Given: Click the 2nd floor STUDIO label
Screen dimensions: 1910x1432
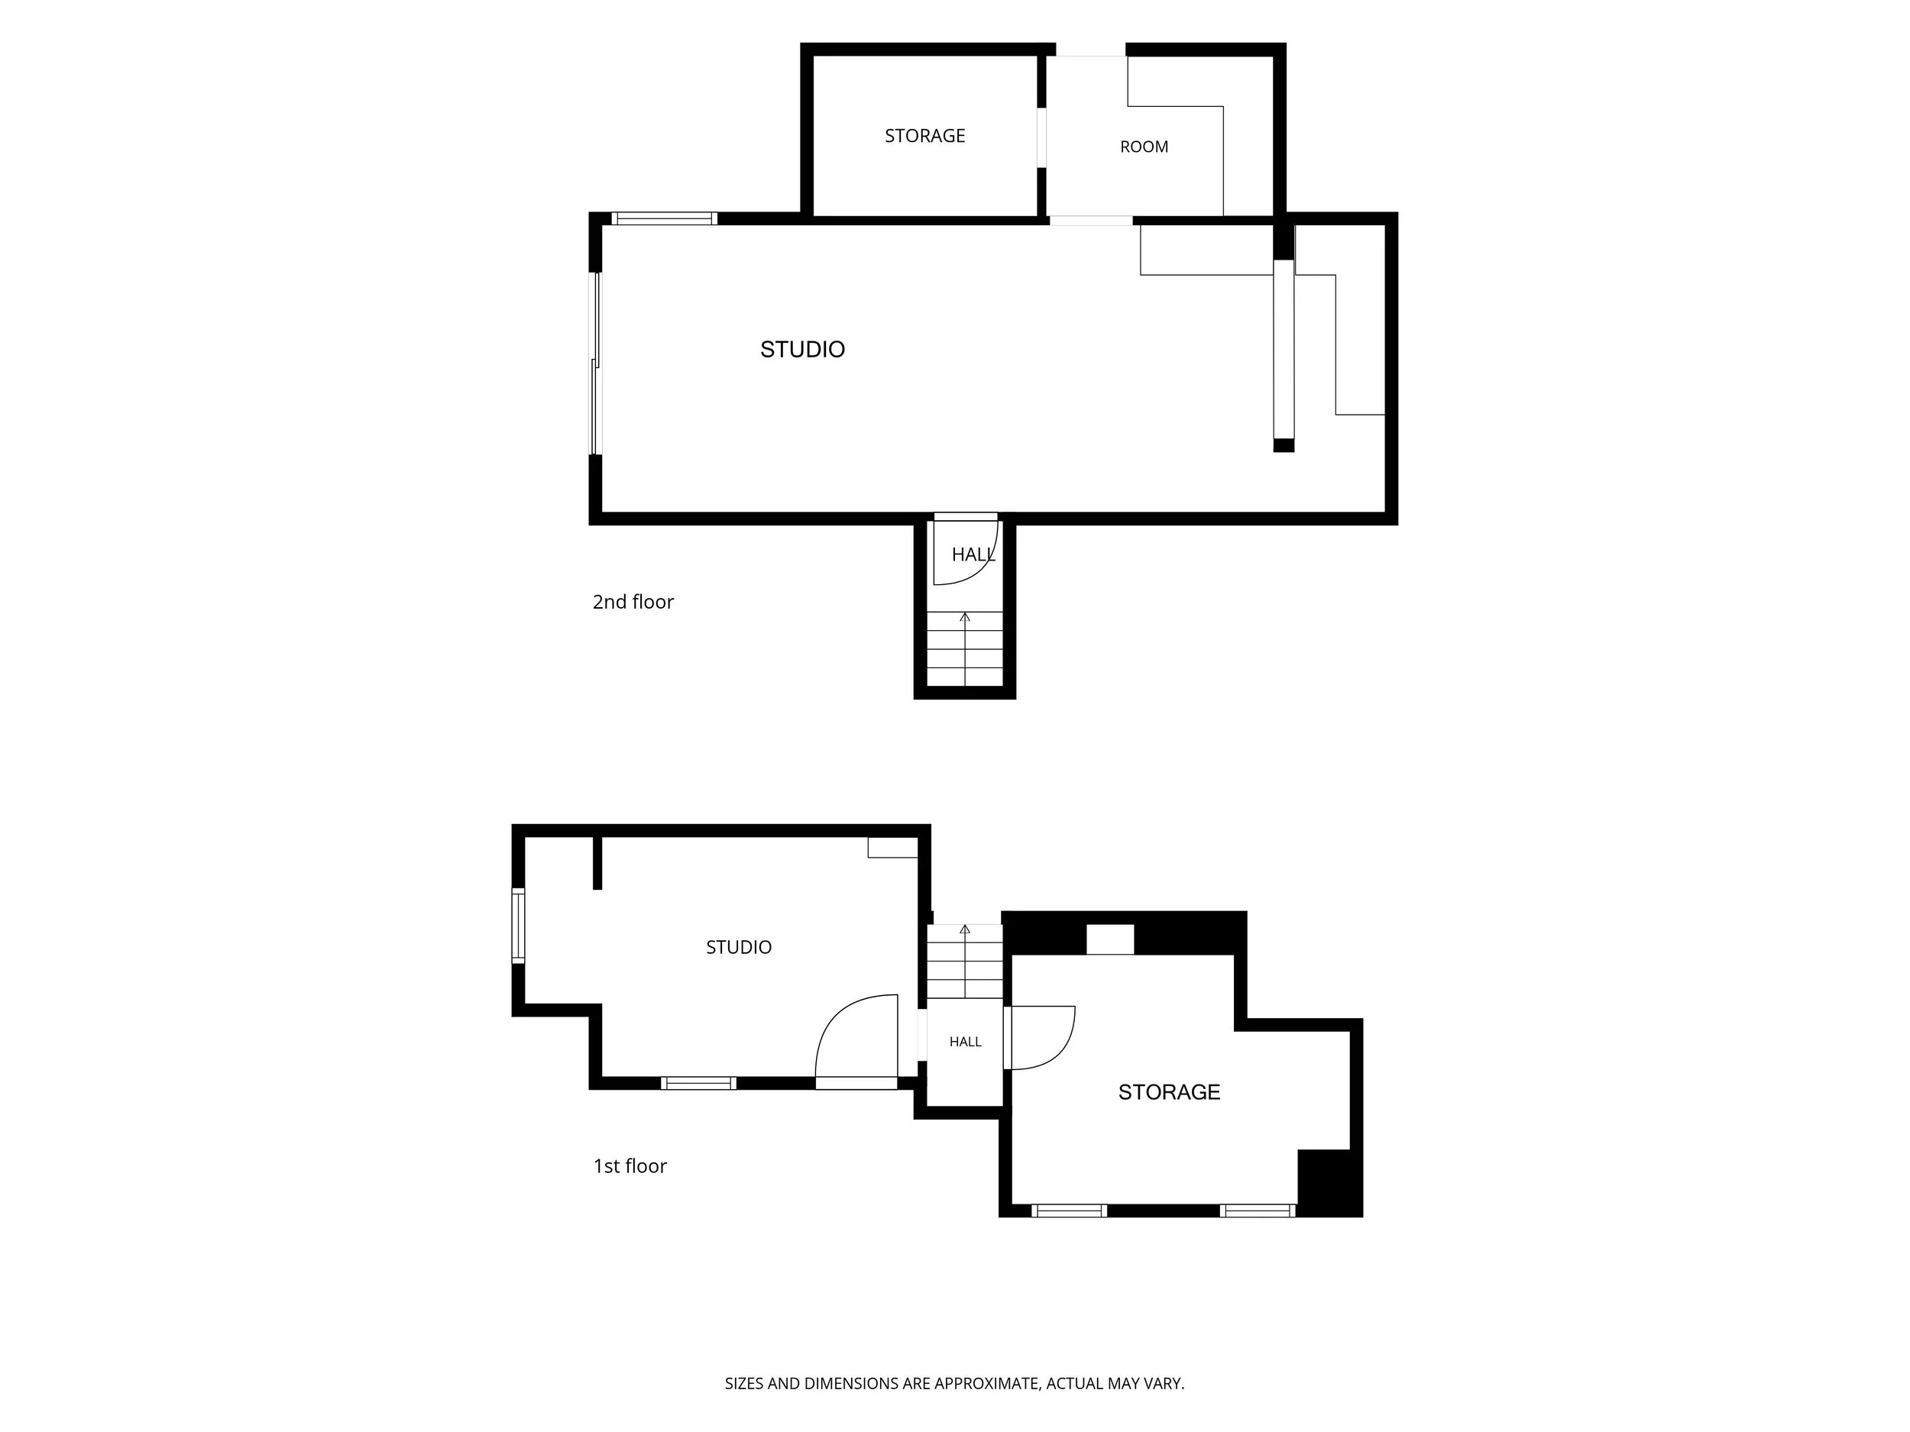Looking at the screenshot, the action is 802,350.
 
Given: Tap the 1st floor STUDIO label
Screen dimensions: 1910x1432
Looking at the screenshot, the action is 738,947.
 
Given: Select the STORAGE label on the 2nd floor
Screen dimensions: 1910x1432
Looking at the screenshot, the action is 924,135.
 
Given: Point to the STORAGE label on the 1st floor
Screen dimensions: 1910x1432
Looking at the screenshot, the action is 1169,1092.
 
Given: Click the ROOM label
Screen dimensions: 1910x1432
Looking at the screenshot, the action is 1144,147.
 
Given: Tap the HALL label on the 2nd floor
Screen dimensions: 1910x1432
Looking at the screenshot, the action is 973,555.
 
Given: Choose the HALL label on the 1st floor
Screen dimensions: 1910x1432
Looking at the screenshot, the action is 966,1042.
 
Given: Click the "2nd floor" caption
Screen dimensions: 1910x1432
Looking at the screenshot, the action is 633,602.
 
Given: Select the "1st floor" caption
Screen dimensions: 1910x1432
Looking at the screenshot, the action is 630,1166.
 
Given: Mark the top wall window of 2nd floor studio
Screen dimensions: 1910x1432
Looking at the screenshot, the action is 664,218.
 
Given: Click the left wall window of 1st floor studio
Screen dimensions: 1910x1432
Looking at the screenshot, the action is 518,926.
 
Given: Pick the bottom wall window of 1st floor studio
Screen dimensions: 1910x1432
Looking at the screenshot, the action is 698,1083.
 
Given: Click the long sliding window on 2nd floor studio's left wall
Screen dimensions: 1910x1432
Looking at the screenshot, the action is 595,364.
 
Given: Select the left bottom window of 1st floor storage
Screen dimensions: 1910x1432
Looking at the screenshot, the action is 1069,1211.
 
